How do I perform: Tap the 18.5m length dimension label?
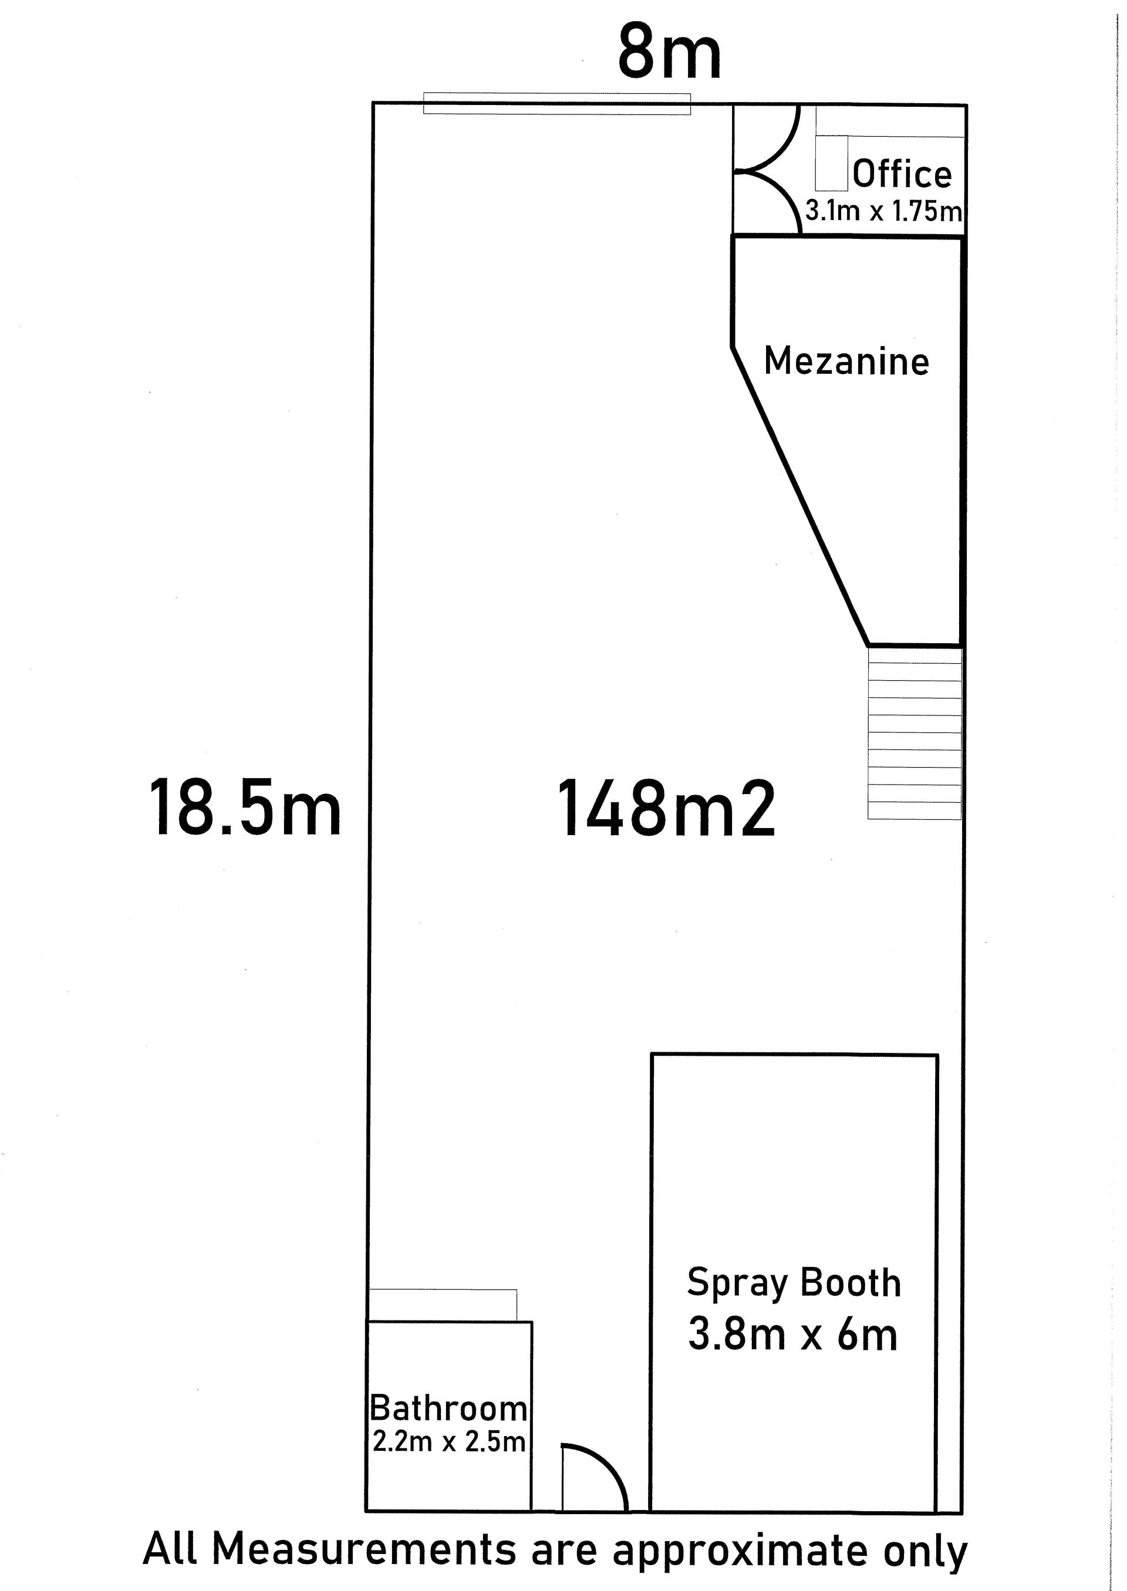(245, 808)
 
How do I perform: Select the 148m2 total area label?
(666, 808)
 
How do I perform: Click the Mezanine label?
(846, 362)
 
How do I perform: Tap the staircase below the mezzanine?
(915, 734)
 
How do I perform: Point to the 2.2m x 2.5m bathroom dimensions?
(448, 1442)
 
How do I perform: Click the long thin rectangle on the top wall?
(557, 103)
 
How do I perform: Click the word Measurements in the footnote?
(364, 1549)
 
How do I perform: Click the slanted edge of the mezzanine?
(800, 495)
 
